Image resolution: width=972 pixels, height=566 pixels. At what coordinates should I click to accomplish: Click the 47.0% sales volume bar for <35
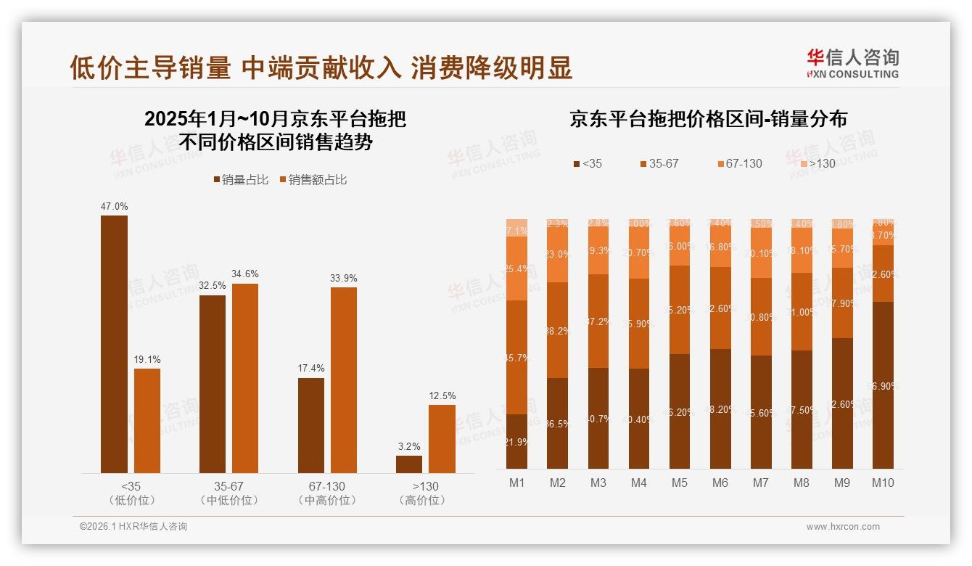(114, 344)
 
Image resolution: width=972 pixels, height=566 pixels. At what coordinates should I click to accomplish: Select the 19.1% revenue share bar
(147, 421)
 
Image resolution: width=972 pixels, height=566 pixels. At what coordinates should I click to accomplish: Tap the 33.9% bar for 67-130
(344, 380)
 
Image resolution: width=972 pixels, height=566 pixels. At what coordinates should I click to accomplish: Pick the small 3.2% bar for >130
(409, 464)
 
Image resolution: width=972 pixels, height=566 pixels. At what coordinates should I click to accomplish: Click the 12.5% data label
(442, 395)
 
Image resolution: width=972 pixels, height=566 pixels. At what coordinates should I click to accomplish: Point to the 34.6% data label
(245, 274)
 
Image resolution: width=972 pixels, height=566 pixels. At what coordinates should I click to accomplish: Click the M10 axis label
(883, 483)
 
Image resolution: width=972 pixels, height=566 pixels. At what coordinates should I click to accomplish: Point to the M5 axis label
(680, 483)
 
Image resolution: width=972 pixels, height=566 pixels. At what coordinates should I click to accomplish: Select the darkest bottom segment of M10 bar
(883, 385)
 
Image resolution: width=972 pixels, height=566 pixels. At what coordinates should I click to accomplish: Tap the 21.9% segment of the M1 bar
(517, 441)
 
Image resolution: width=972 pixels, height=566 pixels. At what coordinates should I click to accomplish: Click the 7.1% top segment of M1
(517, 228)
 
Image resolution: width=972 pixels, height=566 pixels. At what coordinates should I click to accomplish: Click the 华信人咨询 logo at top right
(852, 63)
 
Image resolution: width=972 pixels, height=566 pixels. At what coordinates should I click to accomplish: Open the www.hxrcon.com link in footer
(843, 527)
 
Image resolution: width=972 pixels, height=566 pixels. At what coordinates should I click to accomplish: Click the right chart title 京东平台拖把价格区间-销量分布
(708, 119)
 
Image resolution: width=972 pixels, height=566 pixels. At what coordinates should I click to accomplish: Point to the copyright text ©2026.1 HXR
(133, 527)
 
